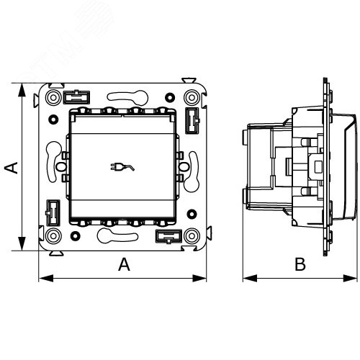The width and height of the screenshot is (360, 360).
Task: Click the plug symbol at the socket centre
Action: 122,167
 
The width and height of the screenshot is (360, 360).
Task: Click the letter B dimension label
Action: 300,264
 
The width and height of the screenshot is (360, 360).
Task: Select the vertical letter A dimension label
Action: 12,168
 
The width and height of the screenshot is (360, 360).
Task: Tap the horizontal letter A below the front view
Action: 124,264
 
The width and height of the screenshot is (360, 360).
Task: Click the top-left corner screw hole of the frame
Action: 53,98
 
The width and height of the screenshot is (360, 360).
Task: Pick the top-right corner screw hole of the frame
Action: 192,98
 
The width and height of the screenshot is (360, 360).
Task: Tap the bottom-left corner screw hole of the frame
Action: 53,236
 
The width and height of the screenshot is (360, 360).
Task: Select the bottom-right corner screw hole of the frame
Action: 192,236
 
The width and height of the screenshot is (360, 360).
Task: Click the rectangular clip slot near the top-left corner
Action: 76,97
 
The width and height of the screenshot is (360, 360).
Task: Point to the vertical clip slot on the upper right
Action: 192,120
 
